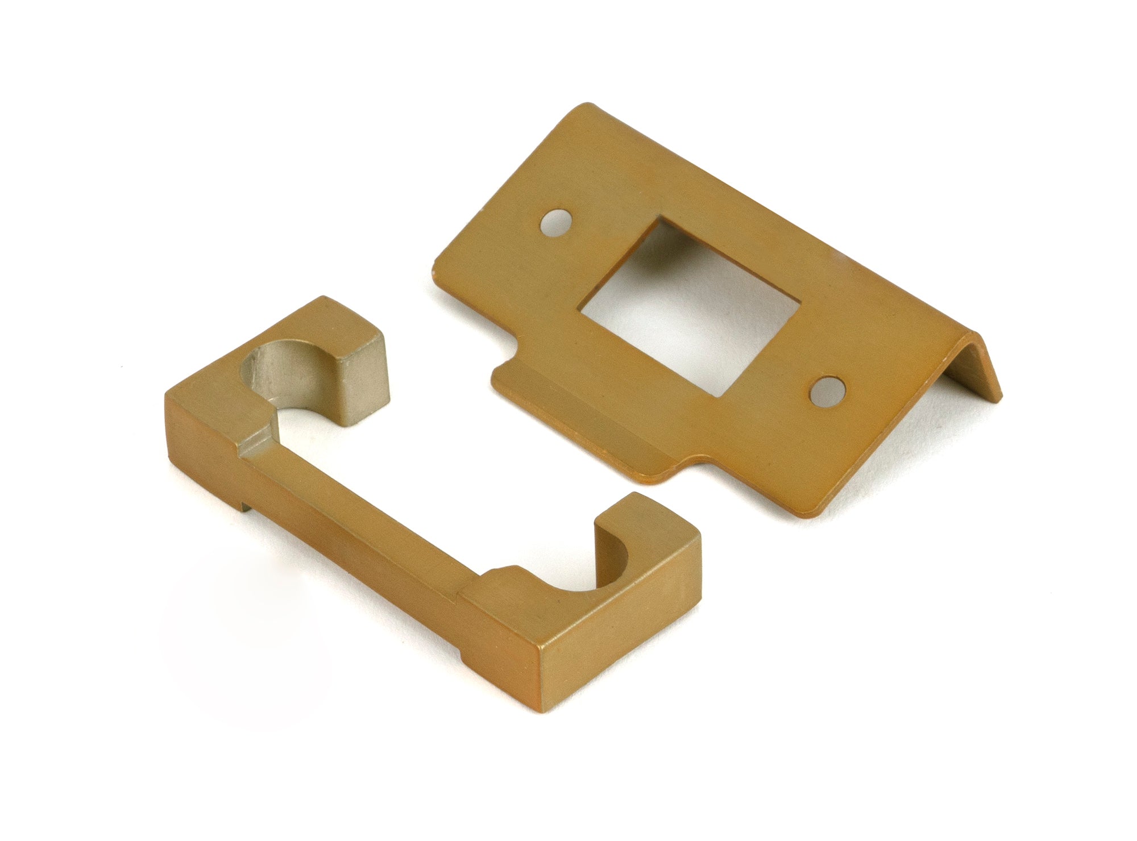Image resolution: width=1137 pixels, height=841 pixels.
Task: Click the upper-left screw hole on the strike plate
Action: [x=557, y=223]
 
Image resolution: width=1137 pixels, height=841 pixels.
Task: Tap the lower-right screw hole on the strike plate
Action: [x=825, y=393]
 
